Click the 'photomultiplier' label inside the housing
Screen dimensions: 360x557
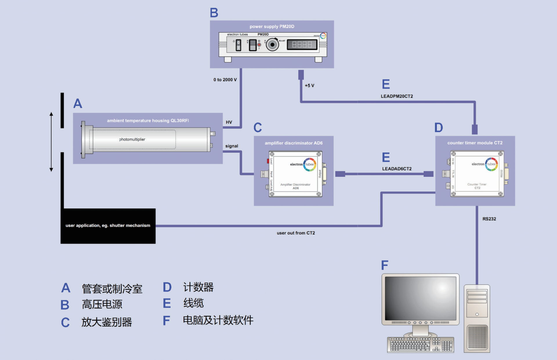click(132, 139)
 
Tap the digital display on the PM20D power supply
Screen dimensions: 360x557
click(302, 45)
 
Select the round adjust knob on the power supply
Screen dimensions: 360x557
click(272, 45)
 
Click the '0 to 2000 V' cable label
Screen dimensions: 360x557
click(225, 80)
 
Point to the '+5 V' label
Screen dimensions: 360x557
click(310, 86)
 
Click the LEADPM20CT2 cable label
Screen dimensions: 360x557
click(397, 96)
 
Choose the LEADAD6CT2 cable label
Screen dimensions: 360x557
click(397, 169)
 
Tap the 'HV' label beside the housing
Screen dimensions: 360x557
click(229, 122)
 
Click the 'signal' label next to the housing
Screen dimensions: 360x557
click(232, 146)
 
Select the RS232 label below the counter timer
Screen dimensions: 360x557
click(489, 219)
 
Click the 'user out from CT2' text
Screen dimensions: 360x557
click(296, 233)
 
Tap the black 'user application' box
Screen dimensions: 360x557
click(108, 226)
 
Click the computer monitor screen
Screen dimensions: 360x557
click(420, 298)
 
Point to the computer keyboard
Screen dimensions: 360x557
click(420, 345)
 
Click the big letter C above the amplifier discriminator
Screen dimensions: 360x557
click(258, 128)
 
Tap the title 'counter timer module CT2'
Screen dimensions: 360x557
click(475, 143)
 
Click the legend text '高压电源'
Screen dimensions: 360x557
click(102, 304)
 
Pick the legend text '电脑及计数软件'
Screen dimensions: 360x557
click(218, 320)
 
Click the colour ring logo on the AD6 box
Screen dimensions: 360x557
click(310, 164)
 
